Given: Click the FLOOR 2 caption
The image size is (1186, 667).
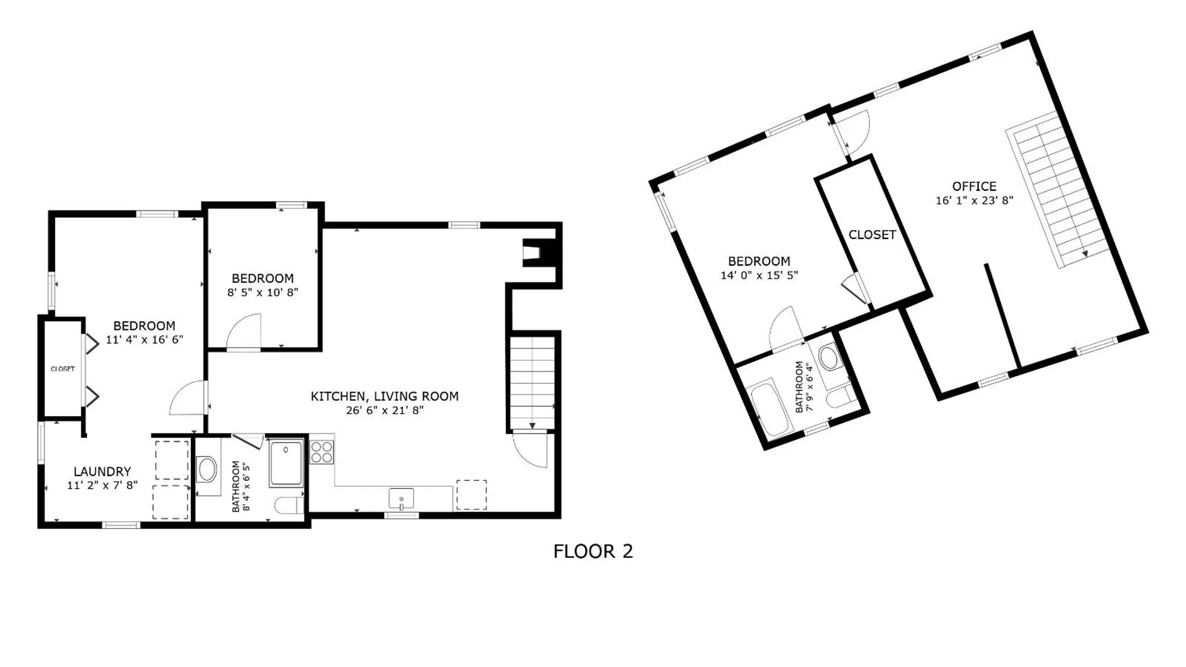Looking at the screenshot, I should [x=593, y=551].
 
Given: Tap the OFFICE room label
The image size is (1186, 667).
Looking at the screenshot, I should [x=974, y=186].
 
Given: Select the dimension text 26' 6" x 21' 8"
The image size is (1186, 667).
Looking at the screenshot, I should [x=384, y=410].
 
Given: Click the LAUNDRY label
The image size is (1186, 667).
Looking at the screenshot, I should [x=102, y=471].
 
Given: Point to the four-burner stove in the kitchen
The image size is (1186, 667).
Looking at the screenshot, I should [x=321, y=451].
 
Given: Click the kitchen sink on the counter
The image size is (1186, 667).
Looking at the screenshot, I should [x=401, y=498].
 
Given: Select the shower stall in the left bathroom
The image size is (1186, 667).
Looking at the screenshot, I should [x=286, y=463].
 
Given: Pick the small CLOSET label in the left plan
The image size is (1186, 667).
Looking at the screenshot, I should [x=62, y=369].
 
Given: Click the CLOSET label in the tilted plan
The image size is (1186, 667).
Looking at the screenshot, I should [x=872, y=235].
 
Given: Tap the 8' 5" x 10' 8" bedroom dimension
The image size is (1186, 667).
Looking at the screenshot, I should [x=263, y=292].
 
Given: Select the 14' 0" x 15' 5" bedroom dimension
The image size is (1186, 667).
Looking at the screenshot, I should [x=759, y=275].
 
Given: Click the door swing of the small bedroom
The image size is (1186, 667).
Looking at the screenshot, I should [x=245, y=332].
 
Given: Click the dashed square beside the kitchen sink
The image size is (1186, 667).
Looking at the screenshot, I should [x=471, y=495].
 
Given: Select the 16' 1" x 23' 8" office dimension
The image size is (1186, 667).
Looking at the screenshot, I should [x=974, y=200].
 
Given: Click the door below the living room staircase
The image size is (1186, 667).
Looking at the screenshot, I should [x=531, y=450].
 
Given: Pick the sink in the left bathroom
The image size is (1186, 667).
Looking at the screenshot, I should [x=207, y=469].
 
